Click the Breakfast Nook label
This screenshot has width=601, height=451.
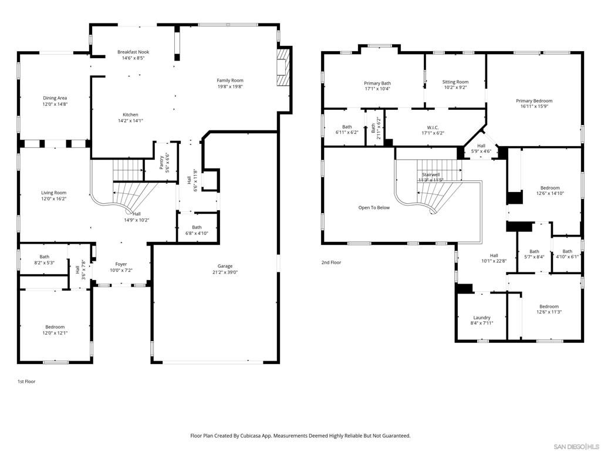pos(133,52)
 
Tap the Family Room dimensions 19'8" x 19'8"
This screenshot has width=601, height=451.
pos(230,87)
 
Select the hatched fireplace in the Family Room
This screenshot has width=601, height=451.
pos(283,67)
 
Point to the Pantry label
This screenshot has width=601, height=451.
pos(162,162)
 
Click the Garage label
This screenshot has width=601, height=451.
pos(225,266)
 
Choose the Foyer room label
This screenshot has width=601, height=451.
pos(121,264)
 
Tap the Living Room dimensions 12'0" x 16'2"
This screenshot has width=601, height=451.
pos(54,198)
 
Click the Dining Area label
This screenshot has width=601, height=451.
pos(55,98)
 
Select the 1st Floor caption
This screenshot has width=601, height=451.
pos(26,382)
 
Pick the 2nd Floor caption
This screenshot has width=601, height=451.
pos(331,262)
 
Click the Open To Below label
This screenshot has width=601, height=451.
pos(374,207)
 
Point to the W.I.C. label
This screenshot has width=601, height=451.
pos(433,127)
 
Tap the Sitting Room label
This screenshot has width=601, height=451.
pos(455,82)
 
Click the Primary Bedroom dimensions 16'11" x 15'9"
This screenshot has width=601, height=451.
pos(534,107)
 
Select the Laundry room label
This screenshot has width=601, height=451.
pos(482,318)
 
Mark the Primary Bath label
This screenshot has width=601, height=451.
pos(377,83)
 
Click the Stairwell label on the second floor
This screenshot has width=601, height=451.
pos(431,174)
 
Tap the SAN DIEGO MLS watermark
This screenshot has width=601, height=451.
pos(576,446)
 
